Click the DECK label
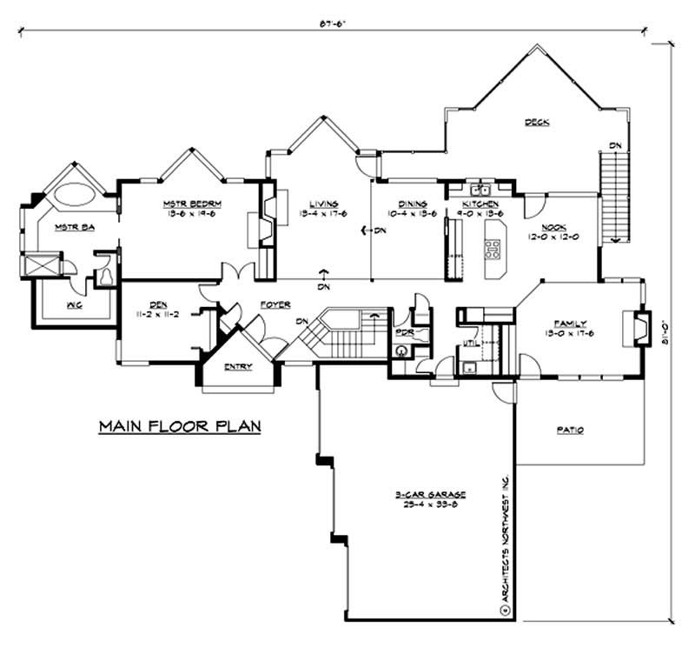tap(537, 123)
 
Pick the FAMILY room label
tap(566, 324)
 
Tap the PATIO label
tap(569, 431)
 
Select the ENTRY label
tap(238, 367)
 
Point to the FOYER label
tap(275, 304)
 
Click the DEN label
tap(157, 304)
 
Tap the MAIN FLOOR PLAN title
tap(179, 427)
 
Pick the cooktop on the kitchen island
tap(493, 251)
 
